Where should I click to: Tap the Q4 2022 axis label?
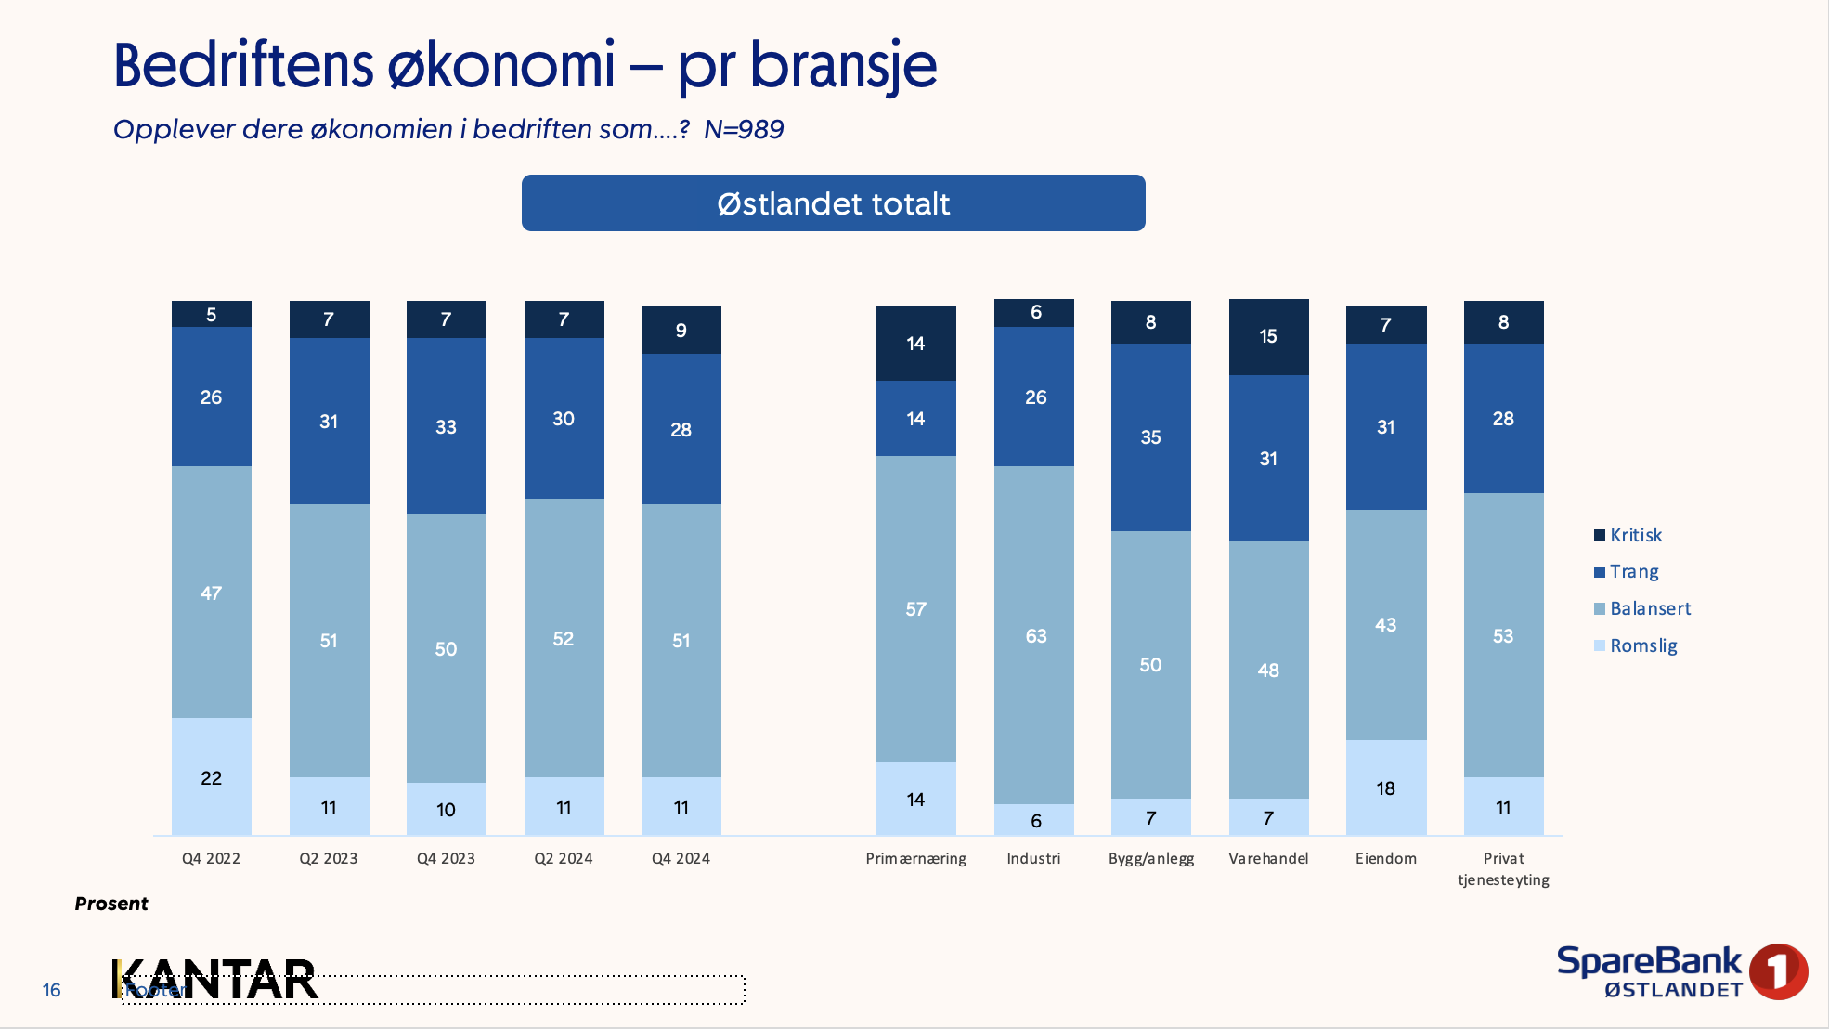(211, 858)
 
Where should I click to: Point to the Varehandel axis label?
(1268, 858)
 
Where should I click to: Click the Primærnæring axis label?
(915, 858)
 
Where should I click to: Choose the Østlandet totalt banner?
(833, 203)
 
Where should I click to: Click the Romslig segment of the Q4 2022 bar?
(212, 776)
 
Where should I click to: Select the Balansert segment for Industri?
(1034, 635)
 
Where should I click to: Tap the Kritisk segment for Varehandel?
(1268, 337)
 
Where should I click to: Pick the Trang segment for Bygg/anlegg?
(1151, 437)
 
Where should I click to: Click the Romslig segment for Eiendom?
(1386, 788)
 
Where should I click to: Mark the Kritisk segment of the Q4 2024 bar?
(681, 330)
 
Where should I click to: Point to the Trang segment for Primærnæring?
(915, 419)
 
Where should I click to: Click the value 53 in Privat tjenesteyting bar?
(1503, 636)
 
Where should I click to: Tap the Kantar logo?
(215, 980)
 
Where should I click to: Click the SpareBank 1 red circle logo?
(1777, 971)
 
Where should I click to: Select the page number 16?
(52, 990)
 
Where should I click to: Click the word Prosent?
(111, 904)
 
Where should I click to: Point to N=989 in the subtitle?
(744, 129)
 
